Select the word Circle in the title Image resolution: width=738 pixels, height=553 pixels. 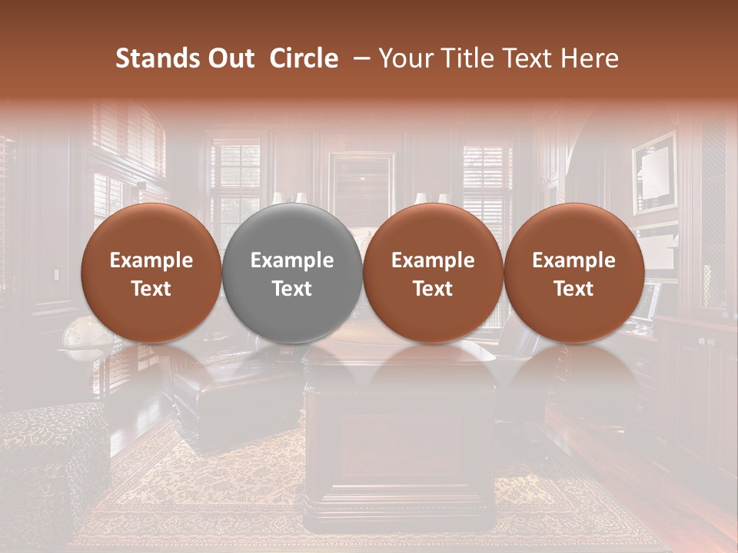304,58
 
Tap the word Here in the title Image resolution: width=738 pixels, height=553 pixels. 590,58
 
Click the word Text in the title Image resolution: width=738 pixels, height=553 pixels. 530,58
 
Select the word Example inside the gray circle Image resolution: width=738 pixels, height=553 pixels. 292,260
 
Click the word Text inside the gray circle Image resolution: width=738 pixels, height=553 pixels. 292,289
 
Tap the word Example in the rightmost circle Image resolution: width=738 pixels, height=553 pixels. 574,260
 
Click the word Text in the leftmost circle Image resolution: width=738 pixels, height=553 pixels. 151,289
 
